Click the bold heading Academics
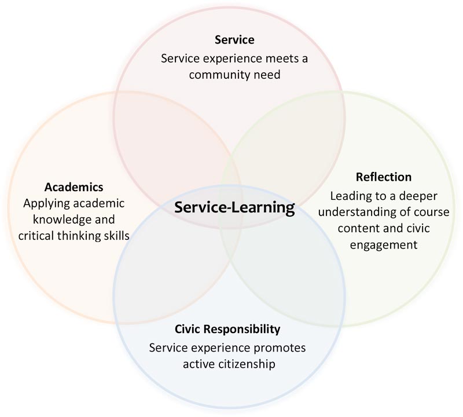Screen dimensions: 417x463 coord(74,187)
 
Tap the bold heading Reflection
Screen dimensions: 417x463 coord(384,177)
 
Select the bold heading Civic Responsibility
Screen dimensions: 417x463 coord(227,330)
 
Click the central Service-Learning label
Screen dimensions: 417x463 coord(235,207)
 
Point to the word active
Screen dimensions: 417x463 coord(199,364)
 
